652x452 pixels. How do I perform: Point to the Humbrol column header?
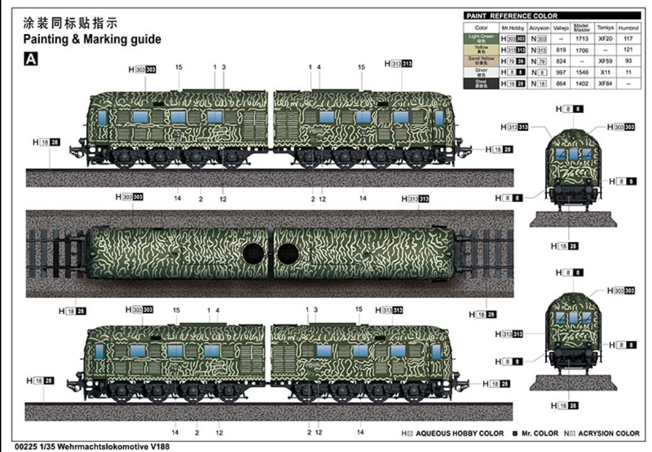tap(628, 28)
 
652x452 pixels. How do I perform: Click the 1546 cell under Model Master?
tap(582, 72)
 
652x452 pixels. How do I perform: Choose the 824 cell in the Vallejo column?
tap(560, 61)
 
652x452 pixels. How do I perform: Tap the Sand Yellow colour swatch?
tap(481, 61)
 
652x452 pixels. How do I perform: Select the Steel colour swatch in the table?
tap(481, 83)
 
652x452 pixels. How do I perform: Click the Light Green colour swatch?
tap(481, 39)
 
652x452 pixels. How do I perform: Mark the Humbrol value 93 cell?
tap(628, 61)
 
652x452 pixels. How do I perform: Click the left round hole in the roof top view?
tap(253, 254)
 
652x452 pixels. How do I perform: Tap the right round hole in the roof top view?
tap(288, 254)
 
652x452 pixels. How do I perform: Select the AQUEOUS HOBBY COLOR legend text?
tap(460, 433)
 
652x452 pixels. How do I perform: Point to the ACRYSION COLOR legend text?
tap(609, 433)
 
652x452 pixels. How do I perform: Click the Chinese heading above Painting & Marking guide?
tap(70, 24)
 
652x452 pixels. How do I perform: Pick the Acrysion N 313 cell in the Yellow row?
tap(539, 50)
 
